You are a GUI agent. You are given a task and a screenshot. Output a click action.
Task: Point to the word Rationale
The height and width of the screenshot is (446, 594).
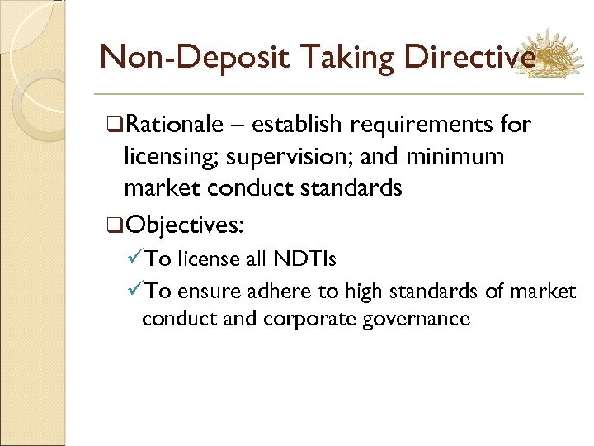coord(175,125)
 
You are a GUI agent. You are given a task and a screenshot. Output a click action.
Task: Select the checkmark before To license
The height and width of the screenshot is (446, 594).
coord(135,259)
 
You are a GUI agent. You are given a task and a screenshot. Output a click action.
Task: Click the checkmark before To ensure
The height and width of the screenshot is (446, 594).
coord(135,291)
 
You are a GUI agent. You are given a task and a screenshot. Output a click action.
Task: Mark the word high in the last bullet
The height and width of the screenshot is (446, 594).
coord(367,291)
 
